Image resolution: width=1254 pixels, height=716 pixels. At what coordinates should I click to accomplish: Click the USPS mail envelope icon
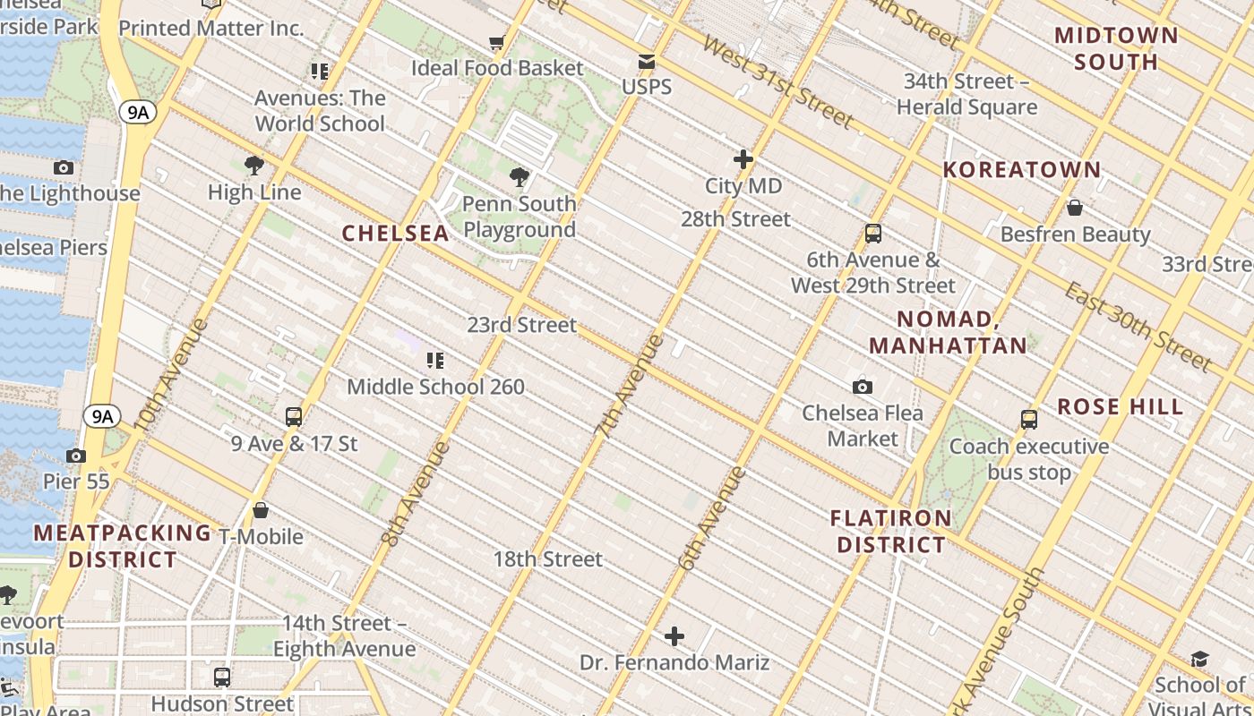click(646, 62)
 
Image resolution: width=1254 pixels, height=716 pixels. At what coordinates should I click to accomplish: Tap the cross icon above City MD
click(743, 160)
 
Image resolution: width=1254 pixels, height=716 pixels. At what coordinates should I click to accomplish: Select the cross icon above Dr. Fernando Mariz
click(674, 636)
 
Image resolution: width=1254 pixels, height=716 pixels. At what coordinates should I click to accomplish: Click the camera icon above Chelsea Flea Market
click(863, 387)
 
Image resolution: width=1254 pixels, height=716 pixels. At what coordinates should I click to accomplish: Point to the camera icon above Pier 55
click(76, 456)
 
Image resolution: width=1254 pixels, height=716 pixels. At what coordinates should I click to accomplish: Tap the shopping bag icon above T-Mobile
click(261, 510)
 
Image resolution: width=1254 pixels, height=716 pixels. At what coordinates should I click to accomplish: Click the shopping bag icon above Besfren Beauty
click(1075, 208)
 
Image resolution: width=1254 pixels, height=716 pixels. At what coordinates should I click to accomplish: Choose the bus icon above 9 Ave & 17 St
click(294, 416)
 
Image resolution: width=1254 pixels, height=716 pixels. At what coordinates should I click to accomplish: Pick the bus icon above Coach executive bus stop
click(1029, 419)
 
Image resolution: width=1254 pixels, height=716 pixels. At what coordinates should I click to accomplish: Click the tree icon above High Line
click(254, 166)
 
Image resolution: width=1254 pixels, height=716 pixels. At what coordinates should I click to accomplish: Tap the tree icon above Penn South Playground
click(519, 177)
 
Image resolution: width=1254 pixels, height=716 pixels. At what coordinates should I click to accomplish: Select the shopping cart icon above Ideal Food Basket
click(497, 42)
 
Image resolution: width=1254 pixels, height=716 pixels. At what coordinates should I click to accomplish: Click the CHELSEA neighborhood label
click(395, 234)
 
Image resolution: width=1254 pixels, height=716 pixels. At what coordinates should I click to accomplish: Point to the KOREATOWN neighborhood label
click(1021, 170)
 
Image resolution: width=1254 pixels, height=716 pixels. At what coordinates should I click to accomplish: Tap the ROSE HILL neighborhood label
click(1120, 406)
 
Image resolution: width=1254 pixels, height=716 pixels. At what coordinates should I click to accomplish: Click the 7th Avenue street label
click(630, 385)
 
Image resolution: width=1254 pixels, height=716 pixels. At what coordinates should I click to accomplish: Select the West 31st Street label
click(777, 81)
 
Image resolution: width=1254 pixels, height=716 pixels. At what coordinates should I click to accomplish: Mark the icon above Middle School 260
click(435, 361)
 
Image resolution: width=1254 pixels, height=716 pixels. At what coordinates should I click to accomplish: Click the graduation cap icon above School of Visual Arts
click(1199, 660)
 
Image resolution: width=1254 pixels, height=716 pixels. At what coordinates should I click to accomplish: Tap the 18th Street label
click(548, 559)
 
